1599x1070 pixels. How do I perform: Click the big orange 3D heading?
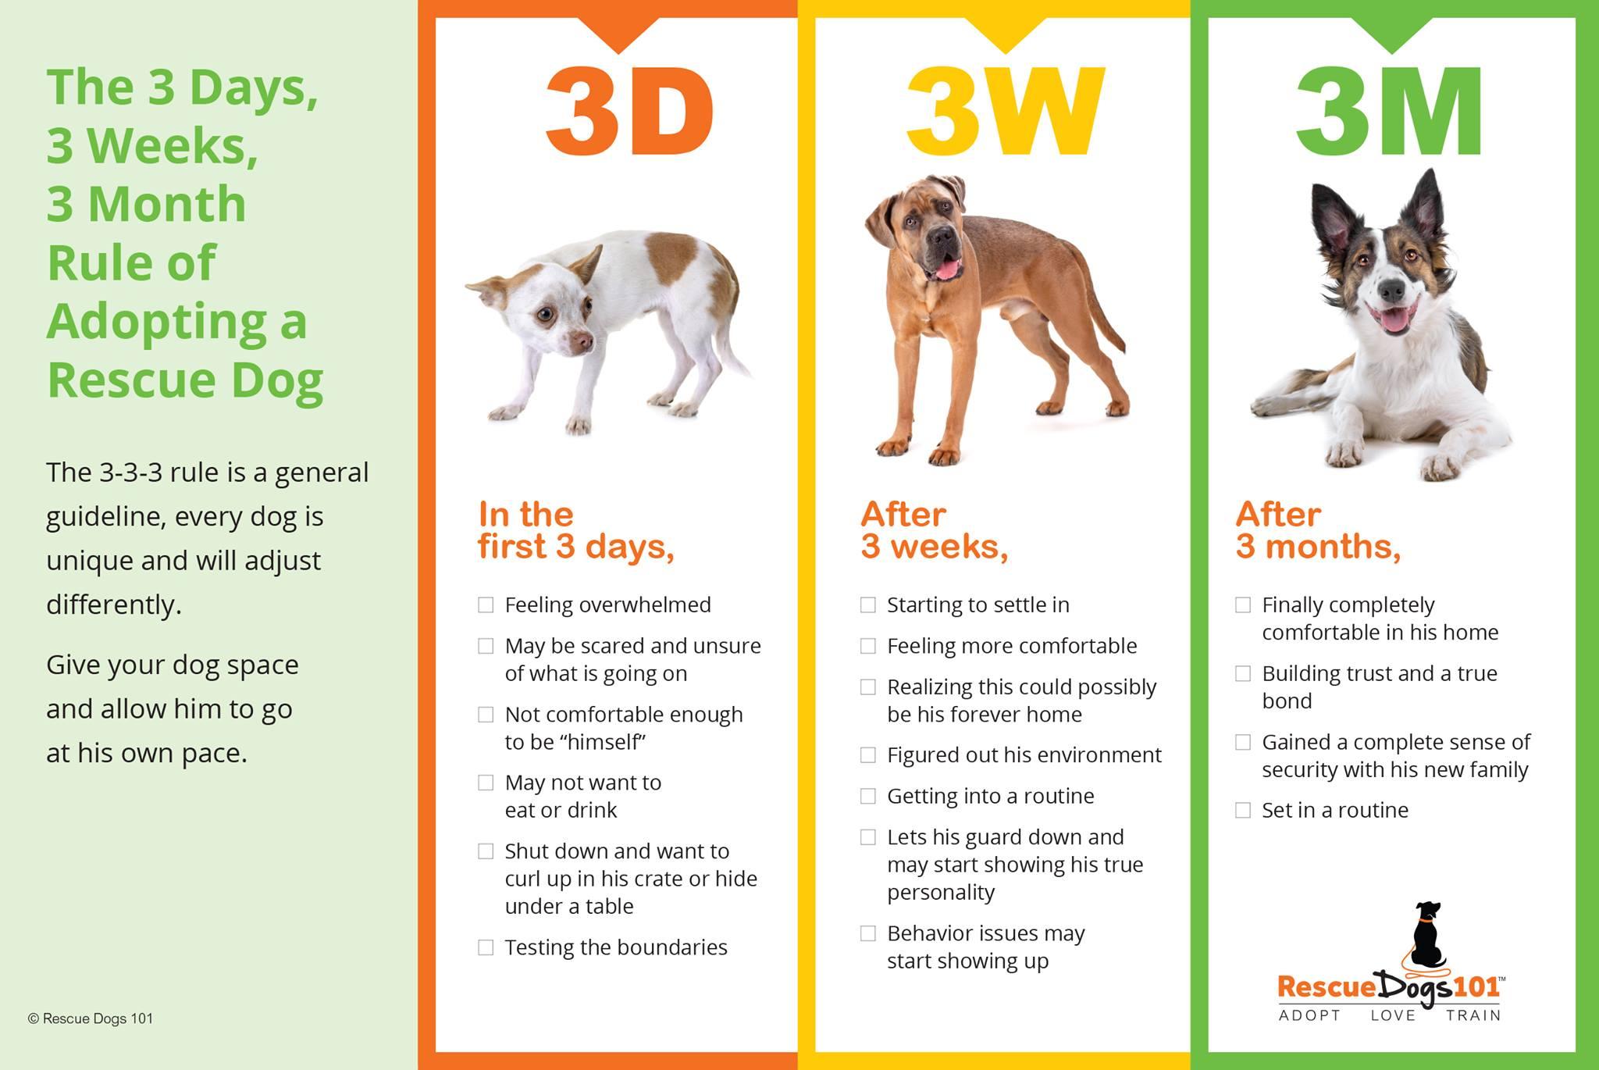click(629, 112)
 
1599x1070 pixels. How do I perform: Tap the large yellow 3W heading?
click(1006, 112)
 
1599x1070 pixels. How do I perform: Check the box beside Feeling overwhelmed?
click(486, 605)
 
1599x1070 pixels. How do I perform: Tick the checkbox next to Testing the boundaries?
click(486, 947)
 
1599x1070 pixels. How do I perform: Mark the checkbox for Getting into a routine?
click(868, 796)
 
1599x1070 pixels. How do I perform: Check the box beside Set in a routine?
click(1243, 810)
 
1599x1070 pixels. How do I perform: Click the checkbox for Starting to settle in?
click(868, 605)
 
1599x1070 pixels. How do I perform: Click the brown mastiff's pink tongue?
click(947, 270)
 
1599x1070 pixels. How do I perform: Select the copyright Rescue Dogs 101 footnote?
click(91, 1018)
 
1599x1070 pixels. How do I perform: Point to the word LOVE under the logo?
click(1393, 1015)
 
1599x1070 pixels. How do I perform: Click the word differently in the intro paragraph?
click(114, 605)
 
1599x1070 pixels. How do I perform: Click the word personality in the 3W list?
click(941, 893)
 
